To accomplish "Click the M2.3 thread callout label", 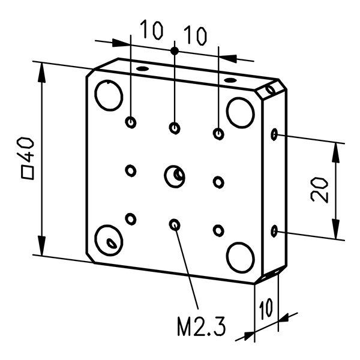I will (x=201, y=328).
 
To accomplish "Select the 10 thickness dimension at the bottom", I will (x=266, y=310).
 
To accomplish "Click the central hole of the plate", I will (x=175, y=176).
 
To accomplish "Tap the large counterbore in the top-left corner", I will (x=109, y=95).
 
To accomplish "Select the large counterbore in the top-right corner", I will (x=241, y=112).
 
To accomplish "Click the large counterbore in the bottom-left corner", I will (x=109, y=239).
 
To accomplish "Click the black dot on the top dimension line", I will (x=175, y=51).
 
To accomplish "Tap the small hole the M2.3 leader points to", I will (x=175, y=225).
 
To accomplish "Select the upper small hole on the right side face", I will (x=275, y=134).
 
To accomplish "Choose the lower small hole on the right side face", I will (x=275, y=231).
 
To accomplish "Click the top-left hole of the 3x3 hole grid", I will (x=131, y=122).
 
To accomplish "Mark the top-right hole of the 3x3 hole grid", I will (x=218, y=133).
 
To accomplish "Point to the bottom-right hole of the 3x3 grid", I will (x=218, y=230).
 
